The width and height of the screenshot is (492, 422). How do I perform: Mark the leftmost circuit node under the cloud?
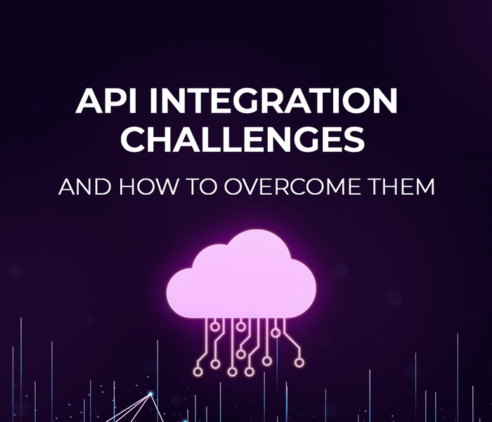[x=198, y=367]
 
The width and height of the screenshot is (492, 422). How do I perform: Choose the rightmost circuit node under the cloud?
[x=300, y=362]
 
